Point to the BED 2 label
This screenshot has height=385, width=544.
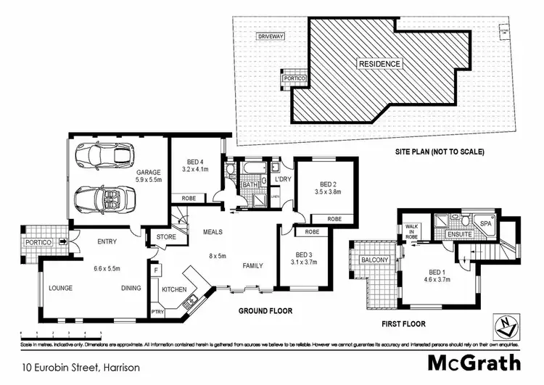[x=328, y=184]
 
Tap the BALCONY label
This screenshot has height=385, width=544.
[x=374, y=260]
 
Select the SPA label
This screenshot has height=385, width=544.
[x=487, y=225]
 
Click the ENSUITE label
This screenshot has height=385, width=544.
[x=459, y=235]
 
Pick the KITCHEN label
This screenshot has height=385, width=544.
[x=174, y=289]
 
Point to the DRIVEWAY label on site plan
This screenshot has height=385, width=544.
[x=270, y=36]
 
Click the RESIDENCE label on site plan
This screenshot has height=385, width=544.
[x=379, y=64]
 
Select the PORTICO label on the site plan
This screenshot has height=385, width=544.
[x=294, y=78]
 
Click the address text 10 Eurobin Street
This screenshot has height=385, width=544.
[x=81, y=367]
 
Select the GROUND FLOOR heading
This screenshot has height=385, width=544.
[x=265, y=310]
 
